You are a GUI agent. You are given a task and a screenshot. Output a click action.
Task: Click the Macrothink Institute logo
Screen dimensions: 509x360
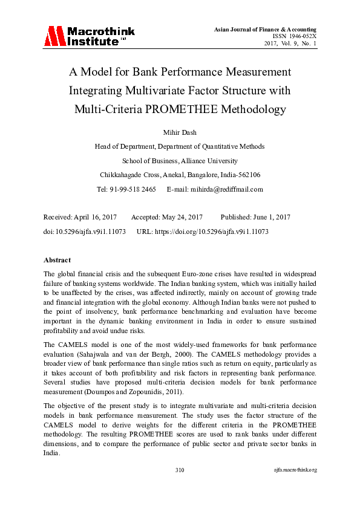(88, 36)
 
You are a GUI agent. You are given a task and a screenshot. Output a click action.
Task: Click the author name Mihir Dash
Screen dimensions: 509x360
(180, 131)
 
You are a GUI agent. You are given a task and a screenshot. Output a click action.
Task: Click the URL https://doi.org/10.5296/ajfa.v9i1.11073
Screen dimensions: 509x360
(213, 232)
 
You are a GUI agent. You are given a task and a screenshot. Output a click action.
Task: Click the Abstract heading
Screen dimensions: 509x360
(57, 260)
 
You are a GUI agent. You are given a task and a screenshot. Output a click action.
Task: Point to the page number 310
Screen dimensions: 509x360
(180, 470)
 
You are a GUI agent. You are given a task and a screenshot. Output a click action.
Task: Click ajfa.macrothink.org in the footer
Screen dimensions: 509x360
(295, 470)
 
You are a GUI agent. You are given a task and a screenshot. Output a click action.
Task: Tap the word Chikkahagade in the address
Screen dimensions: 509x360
(123, 175)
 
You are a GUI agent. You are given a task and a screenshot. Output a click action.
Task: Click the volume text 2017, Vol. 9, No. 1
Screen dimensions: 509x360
(290, 44)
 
